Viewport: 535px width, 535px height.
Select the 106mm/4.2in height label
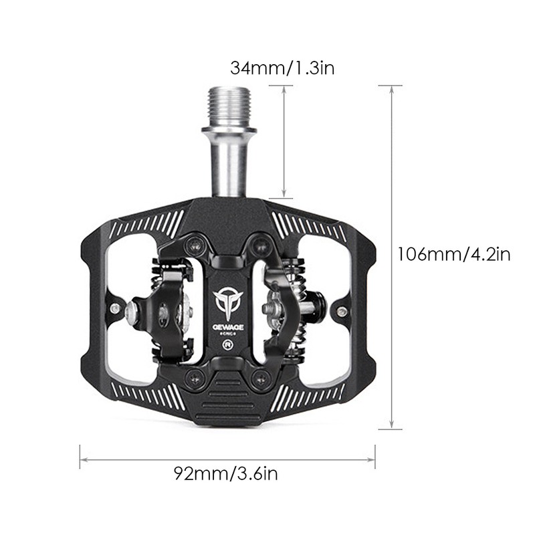tap(453, 255)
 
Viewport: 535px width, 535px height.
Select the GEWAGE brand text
tap(229, 328)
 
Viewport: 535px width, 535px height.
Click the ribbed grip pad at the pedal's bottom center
tap(229, 401)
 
